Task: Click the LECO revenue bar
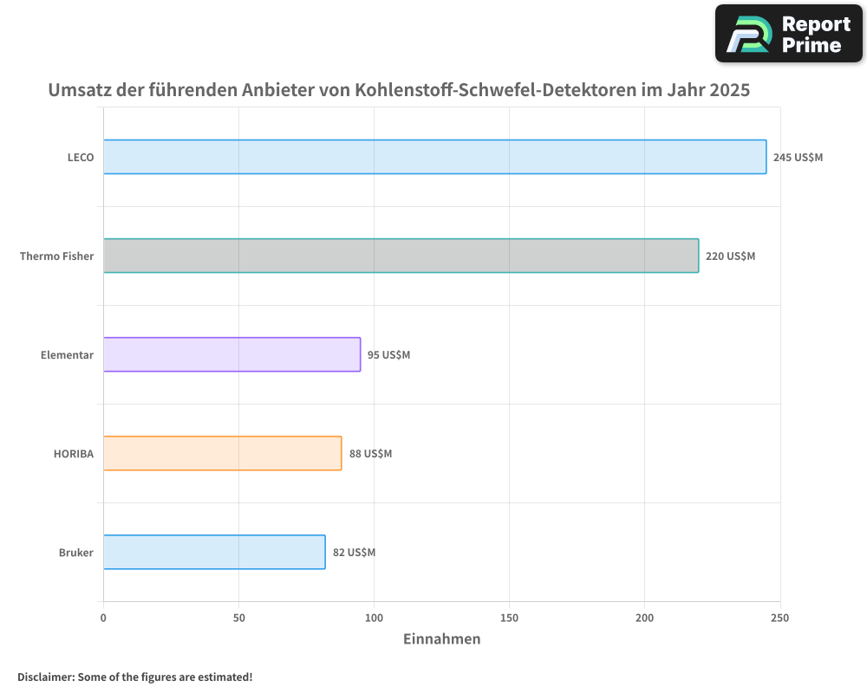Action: (x=434, y=157)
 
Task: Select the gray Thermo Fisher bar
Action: (x=401, y=256)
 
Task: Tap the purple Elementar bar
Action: (x=231, y=354)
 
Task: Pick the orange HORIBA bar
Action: (x=222, y=453)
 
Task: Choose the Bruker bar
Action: (x=214, y=552)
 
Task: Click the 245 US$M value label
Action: (x=798, y=158)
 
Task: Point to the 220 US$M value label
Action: (x=730, y=256)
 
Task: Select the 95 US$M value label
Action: (x=388, y=355)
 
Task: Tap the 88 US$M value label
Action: (x=370, y=454)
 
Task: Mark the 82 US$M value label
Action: (x=354, y=553)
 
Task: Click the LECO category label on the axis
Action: (x=81, y=158)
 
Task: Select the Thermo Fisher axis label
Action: (x=56, y=256)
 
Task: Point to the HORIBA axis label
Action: (x=73, y=454)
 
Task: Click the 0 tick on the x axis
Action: (x=103, y=618)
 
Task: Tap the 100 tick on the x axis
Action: (x=374, y=618)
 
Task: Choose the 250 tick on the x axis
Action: (x=779, y=618)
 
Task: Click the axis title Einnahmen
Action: (x=441, y=639)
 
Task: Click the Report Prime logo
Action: (x=788, y=34)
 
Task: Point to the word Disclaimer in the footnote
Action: (x=45, y=677)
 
